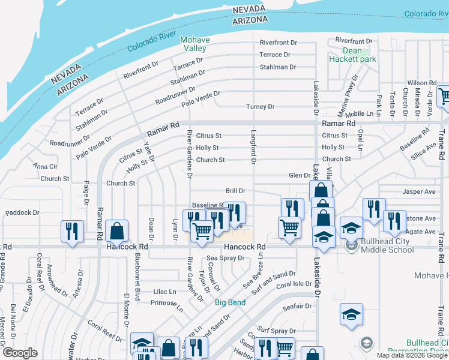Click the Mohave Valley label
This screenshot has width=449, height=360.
(x=195, y=44)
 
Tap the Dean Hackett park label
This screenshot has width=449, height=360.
(x=352, y=55)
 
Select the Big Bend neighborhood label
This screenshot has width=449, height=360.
(x=230, y=302)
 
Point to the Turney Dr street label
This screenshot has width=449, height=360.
(x=260, y=107)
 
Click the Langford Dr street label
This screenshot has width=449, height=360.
(x=253, y=146)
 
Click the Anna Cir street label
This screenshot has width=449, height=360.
(x=45, y=166)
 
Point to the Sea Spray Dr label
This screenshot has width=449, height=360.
(x=226, y=258)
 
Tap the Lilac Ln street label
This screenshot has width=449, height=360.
(x=164, y=291)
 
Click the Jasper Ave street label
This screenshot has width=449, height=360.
(x=420, y=192)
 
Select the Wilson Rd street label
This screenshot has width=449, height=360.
(x=421, y=83)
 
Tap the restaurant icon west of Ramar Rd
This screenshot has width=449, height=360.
(x=71, y=231)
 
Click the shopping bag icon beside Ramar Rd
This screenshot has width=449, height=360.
(x=117, y=231)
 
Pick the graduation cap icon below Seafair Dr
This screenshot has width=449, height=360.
(x=351, y=314)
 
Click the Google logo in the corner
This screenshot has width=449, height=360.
(x=20, y=353)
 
